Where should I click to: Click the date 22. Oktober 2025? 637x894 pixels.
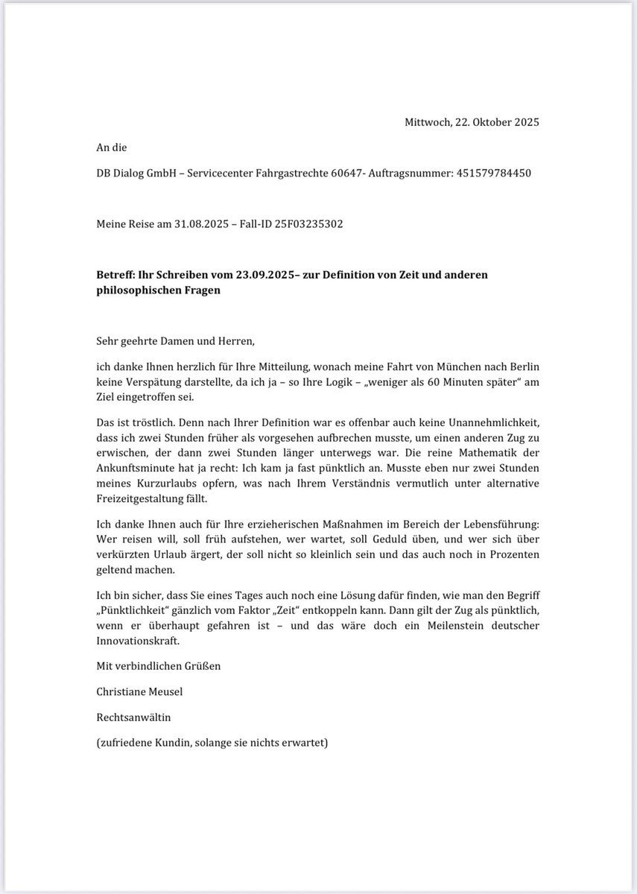(x=497, y=122)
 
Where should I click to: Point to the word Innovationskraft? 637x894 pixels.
(x=139, y=641)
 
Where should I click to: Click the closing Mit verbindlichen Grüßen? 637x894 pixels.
(x=159, y=665)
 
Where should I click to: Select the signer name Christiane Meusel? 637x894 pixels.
(x=139, y=691)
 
